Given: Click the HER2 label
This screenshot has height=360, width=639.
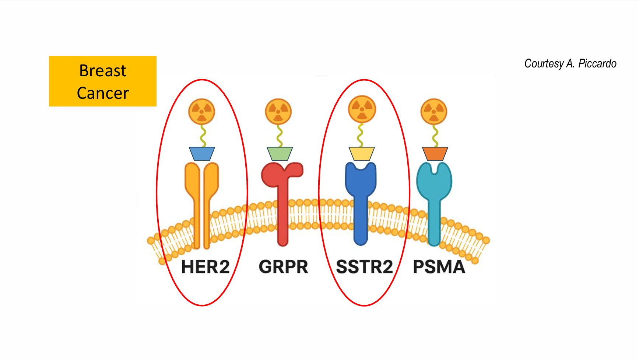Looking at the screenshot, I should click(x=205, y=267).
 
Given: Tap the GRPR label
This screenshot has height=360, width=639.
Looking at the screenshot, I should click(x=283, y=267).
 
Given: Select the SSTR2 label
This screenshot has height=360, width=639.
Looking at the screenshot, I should click(x=364, y=267).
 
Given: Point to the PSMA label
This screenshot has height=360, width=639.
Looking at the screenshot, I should click(x=439, y=267).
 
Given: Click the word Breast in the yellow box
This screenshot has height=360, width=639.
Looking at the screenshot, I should click(x=103, y=71).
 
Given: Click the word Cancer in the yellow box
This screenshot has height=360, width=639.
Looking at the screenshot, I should click(x=103, y=93).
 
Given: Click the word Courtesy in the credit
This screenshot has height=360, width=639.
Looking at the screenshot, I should click(x=544, y=64).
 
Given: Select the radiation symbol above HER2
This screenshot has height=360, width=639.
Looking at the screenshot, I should click(x=202, y=111).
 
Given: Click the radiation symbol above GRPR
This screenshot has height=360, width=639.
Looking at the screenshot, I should click(x=278, y=111).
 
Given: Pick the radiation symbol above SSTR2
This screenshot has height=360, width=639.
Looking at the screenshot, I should click(x=362, y=109).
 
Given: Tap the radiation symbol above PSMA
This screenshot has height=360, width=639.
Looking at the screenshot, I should click(x=434, y=111).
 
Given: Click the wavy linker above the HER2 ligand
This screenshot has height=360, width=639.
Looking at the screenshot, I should click(x=202, y=136).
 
